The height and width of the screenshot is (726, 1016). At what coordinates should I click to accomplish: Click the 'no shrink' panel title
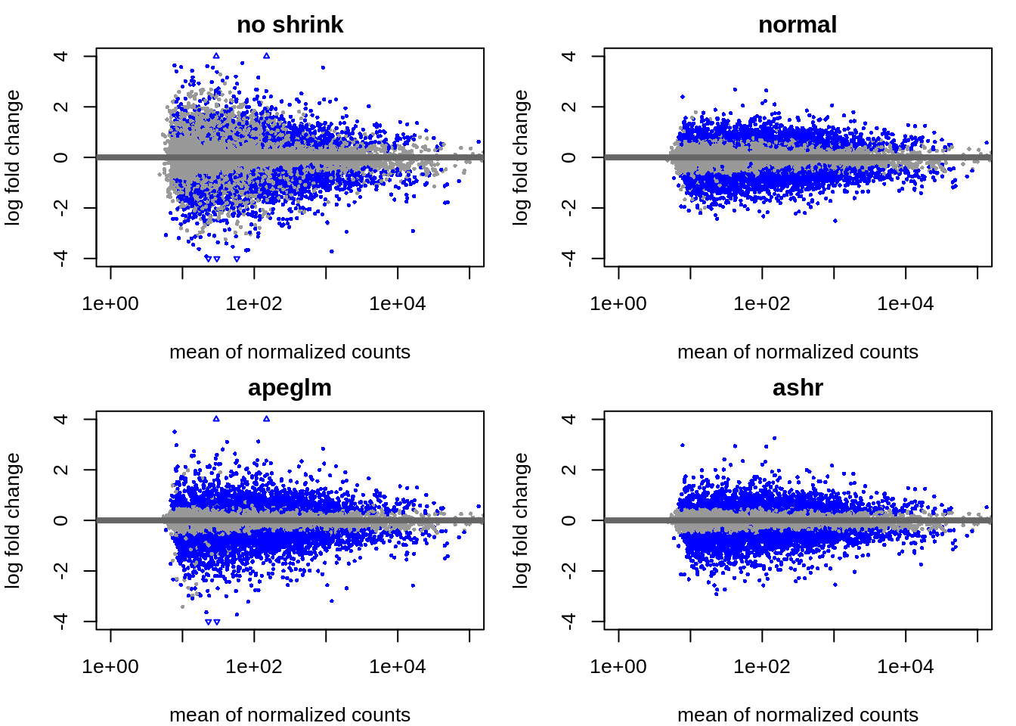290,24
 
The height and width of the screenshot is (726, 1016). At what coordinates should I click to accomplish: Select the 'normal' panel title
798,24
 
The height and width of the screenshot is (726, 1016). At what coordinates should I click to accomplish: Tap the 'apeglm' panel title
290,387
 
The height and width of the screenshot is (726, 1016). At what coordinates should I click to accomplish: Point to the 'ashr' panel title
798,387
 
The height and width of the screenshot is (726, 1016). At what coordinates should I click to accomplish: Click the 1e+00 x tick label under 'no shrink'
110,304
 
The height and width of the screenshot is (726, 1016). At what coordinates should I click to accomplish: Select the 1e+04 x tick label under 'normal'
906,304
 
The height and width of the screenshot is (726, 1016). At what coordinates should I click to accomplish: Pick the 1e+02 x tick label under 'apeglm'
254,667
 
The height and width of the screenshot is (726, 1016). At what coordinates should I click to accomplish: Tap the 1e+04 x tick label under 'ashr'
906,667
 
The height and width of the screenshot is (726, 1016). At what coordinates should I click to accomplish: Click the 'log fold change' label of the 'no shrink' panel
13,157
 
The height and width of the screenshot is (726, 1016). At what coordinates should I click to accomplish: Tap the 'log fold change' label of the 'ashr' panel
521,520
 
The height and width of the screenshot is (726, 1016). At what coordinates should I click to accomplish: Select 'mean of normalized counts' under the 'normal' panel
798,352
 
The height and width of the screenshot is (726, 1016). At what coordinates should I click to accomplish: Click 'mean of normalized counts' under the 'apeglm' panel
290,714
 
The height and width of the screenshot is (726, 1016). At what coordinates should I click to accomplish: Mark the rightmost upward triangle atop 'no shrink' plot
266,56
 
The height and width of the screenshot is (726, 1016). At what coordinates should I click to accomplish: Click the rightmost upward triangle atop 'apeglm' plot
266,419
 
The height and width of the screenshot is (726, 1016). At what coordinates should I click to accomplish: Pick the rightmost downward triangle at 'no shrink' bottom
237,259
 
